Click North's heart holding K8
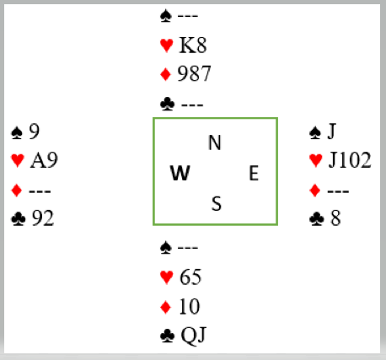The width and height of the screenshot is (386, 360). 193,45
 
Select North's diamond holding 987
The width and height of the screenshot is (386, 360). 194,73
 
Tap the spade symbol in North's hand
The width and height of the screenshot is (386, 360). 166,16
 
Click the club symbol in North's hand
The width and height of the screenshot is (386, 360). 167,104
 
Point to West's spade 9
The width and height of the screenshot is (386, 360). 35,132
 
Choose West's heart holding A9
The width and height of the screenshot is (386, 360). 44,160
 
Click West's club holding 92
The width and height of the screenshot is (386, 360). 42,218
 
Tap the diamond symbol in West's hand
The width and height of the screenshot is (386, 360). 17,191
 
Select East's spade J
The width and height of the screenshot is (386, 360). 332,132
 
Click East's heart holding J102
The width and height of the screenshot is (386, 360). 350,160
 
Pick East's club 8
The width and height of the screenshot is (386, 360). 335,218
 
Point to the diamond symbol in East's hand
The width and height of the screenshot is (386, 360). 315,191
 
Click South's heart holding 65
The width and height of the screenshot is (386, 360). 190,277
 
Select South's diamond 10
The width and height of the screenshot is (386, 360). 190,306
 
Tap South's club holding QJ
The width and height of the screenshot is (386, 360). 194,336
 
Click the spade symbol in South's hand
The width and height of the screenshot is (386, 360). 166,248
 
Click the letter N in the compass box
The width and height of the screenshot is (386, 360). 215,142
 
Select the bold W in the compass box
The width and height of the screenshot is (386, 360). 180,173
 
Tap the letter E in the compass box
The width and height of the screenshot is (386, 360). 254,173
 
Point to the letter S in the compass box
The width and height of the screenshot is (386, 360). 217,203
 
